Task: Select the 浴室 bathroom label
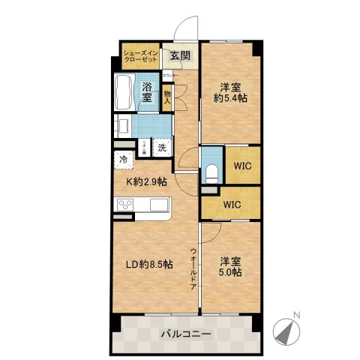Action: pos(147,92)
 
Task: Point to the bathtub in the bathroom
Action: pos(124,93)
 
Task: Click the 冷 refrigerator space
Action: pos(122,159)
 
